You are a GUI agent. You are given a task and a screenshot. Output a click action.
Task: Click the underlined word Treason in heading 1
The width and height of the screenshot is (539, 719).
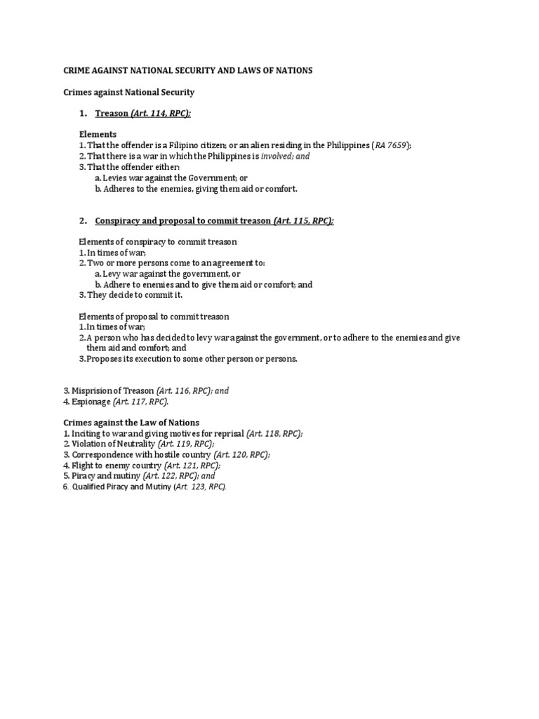pos(112,113)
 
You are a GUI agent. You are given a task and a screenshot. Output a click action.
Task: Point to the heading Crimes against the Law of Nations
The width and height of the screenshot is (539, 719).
pos(131,423)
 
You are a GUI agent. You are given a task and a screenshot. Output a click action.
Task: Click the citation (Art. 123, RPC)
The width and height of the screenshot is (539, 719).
pos(200,487)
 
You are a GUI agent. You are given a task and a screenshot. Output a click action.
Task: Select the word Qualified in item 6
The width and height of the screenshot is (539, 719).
pos(89,487)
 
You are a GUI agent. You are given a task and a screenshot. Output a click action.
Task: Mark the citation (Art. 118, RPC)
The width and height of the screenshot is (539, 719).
pos(274,433)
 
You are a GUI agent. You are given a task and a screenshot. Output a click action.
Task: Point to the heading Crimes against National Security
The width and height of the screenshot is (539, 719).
pos(128,92)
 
